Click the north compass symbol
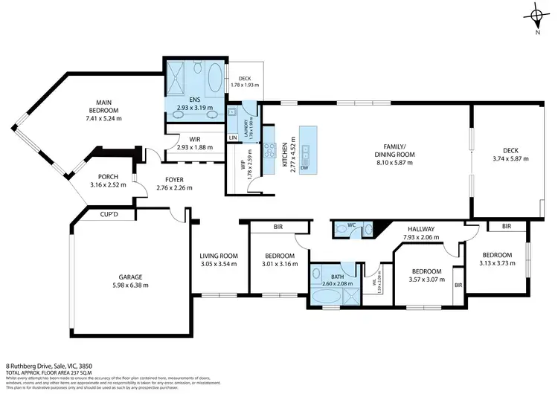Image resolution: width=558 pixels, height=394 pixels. click(x=537, y=16)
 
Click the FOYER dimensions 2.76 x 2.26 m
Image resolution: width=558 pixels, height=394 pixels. click(x=174, y=188)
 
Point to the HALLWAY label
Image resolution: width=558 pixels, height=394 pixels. click(x=420, y=229)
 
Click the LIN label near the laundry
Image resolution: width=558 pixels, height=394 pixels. click(x=234, y=138)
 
